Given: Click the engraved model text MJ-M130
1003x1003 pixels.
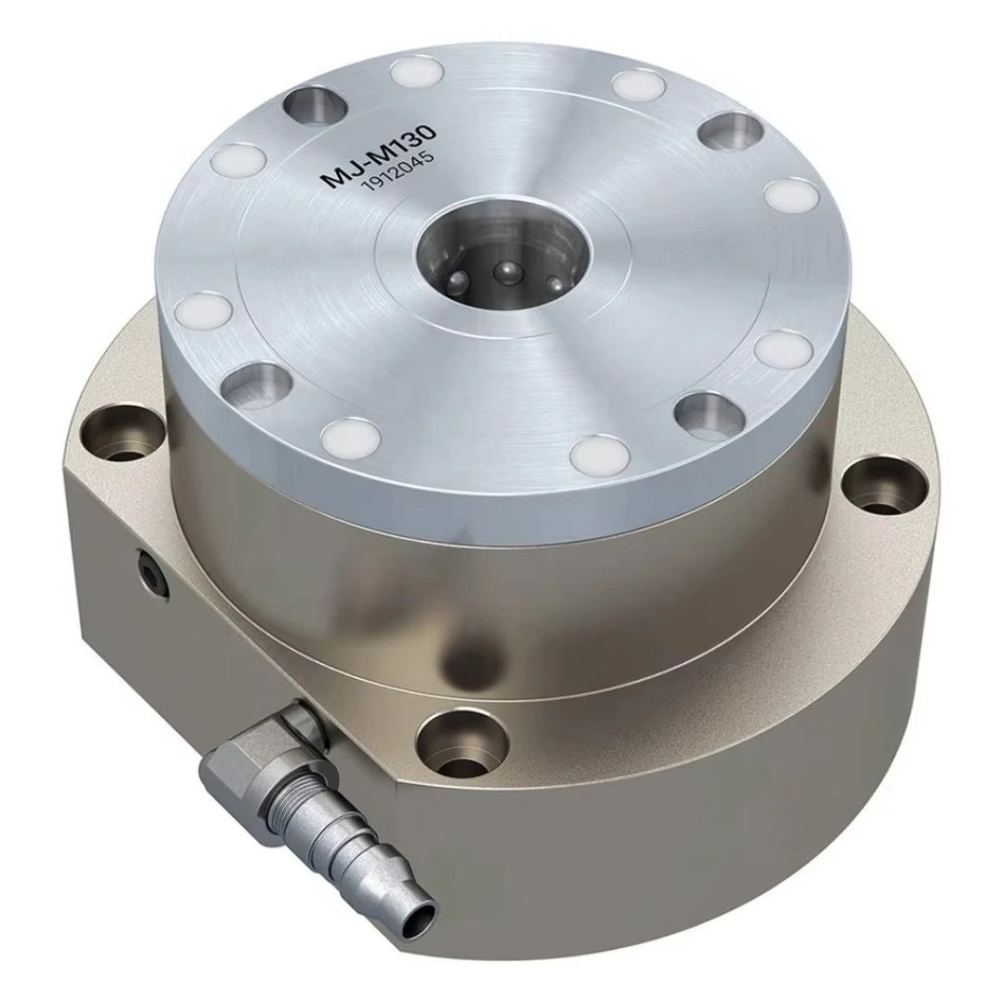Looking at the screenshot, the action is pos(380,156).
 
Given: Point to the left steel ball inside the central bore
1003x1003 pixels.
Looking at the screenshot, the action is pos(459,280).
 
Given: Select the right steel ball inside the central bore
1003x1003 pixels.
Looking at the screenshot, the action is pos(554,282).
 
